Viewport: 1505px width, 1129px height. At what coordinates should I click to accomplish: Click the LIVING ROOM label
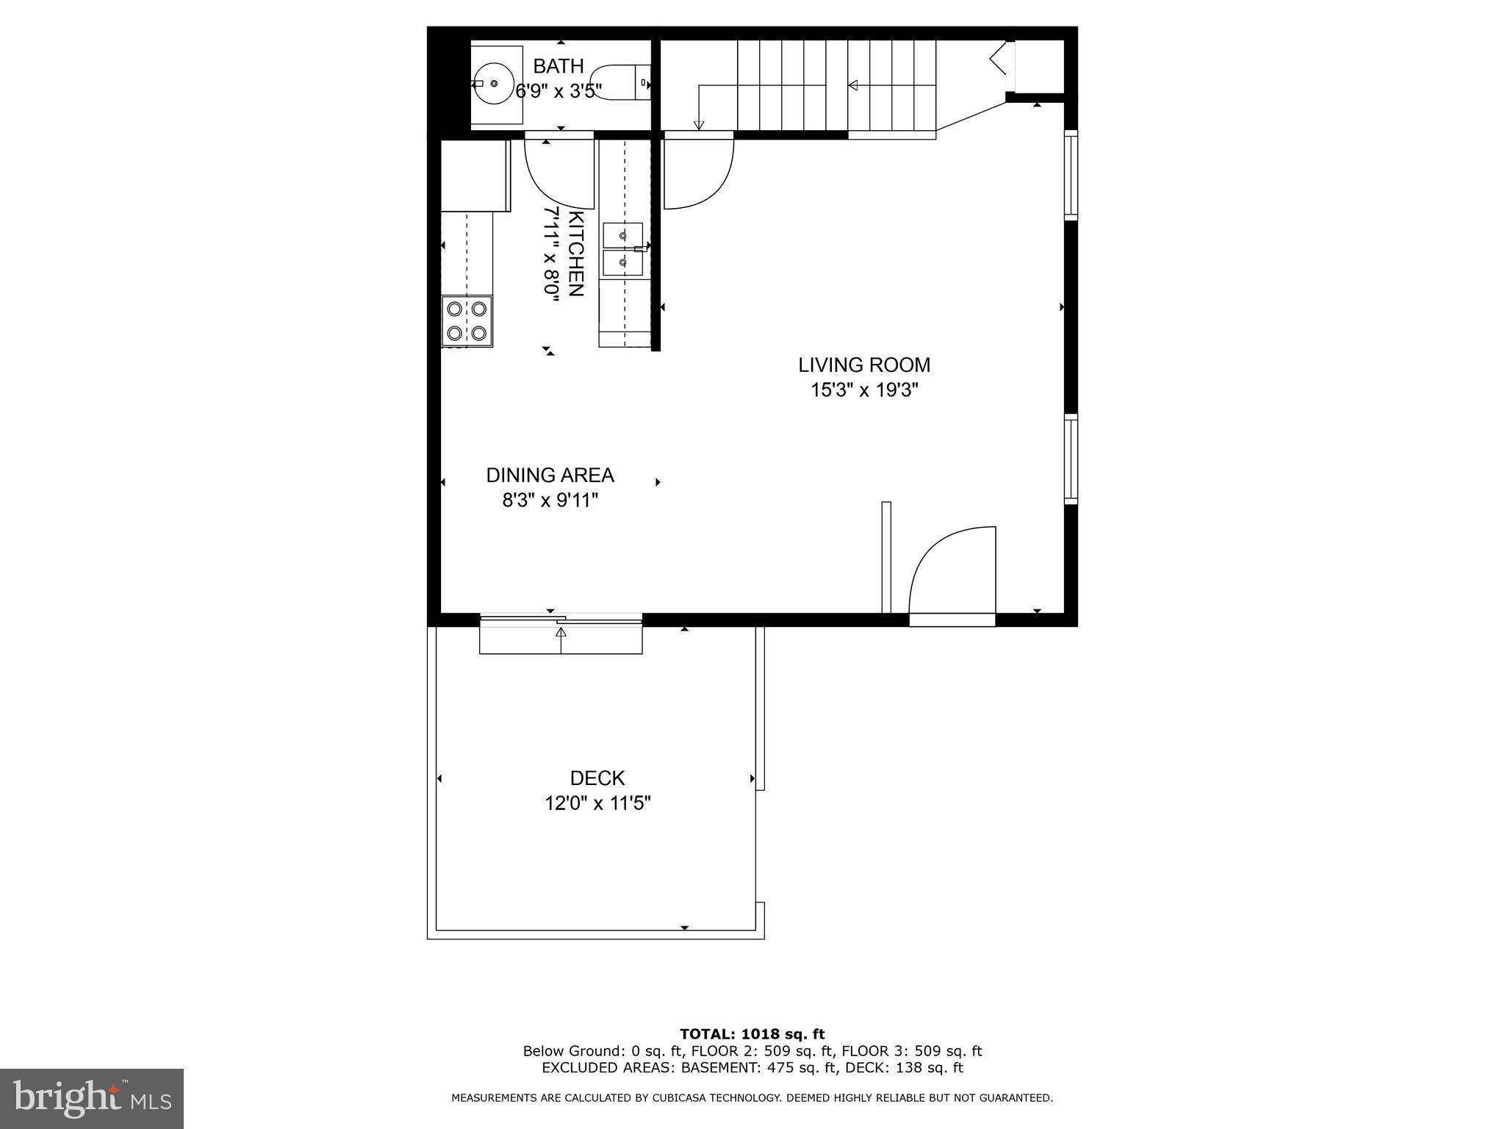tap(864, 365)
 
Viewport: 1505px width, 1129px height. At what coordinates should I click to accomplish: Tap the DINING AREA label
tap(550, 475)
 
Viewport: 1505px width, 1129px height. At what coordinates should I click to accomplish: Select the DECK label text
tap(597, 778)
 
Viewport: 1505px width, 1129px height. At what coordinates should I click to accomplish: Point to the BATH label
tap(558, 66)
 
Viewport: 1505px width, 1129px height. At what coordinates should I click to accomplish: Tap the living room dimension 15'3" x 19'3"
tap(864, 390)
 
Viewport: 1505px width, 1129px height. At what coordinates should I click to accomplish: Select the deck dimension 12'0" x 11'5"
tap(597, 803)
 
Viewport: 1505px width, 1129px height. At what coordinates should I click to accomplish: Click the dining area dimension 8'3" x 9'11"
tap(550, 501)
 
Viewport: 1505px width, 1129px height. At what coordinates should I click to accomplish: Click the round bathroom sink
tap(493, 84)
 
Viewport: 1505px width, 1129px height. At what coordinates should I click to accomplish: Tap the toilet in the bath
tap(621, 82)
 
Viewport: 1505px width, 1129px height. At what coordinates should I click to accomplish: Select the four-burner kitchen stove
tap(467, 321)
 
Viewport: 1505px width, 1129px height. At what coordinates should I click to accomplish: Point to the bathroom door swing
tap(558, 173)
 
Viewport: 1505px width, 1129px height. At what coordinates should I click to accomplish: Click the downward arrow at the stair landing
tap(699, 125)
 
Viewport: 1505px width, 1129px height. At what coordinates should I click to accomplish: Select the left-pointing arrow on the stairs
tap(852, 85)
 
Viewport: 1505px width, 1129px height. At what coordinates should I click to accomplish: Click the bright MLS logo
tap(92, 1098)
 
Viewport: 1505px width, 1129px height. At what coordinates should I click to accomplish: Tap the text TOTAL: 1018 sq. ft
tap(752, 1034)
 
